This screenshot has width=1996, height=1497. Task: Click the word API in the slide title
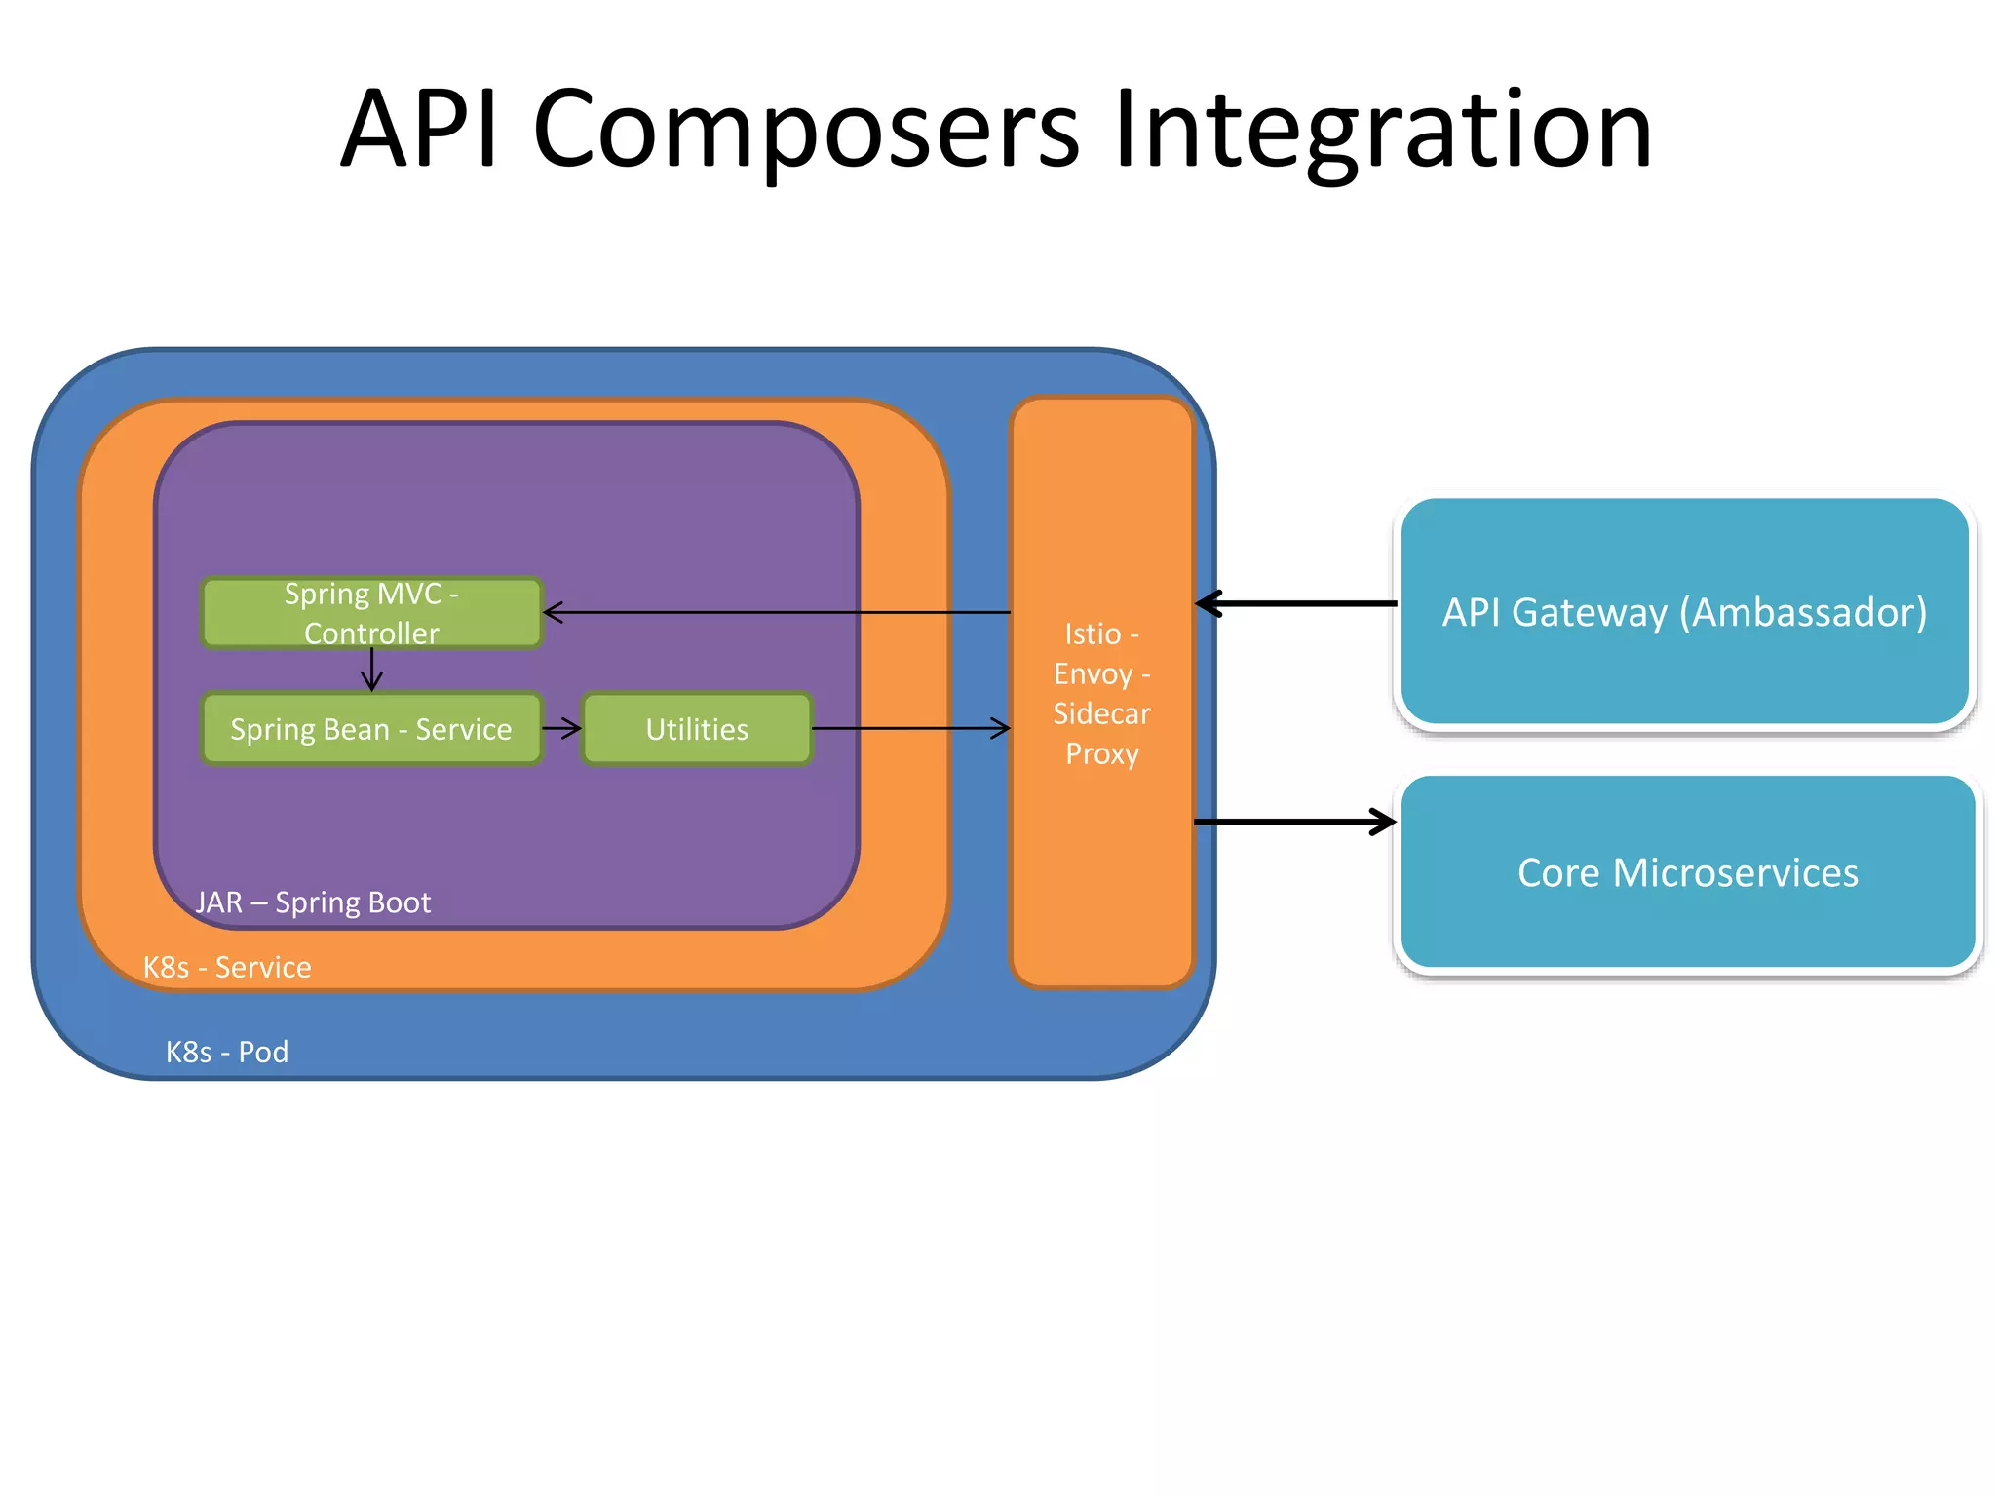tap(419, 130)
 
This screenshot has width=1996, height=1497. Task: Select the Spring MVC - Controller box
tap(370, 613)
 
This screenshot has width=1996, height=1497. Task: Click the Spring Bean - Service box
tap(370, 729)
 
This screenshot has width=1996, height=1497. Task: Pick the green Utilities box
tap(697, 729)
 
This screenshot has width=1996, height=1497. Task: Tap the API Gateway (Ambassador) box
tap(1684, 612)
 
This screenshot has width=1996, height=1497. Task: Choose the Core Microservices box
tap(1687, 872)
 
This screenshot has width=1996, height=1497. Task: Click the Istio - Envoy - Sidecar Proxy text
tap(1101, 694)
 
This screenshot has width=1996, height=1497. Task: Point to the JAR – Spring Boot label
tap(313, 902)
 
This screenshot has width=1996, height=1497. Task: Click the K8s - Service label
tap(227, 967)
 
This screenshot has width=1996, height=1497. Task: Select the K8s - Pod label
tap(227, 1052)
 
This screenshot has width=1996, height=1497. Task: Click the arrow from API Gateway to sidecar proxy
tap(1296, 604)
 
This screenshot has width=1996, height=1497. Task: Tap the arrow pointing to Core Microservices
tap(1296, 822)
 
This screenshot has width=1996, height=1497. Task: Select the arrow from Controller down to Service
tap(371, 670)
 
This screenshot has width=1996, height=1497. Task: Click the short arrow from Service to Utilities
tap(561, 728)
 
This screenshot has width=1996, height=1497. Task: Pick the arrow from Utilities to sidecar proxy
tap(910, 728)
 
